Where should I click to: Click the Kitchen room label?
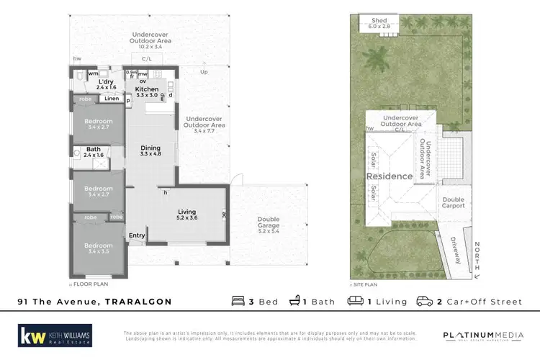(147, 89)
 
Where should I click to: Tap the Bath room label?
(94, 150)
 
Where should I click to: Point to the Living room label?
(186, 212)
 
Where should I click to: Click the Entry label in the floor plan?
(136, 235)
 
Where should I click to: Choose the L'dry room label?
(106, 82)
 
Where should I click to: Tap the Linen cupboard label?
(111, 99)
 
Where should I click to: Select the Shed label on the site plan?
(379, 21)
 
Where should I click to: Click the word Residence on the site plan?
(389, 176)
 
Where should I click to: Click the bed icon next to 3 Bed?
(239, 302)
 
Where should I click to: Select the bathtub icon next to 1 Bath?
(295, 302)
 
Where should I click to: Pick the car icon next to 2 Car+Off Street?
(425, 302)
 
